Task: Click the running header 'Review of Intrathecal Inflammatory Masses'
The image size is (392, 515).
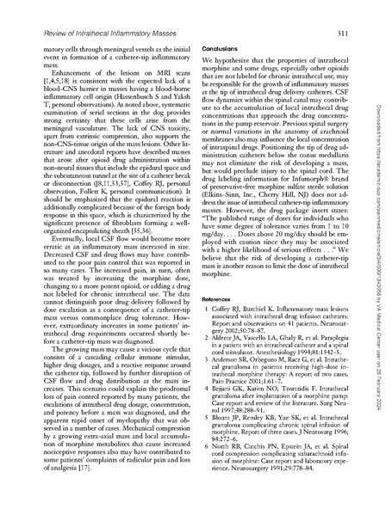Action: [x=92, y=34]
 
